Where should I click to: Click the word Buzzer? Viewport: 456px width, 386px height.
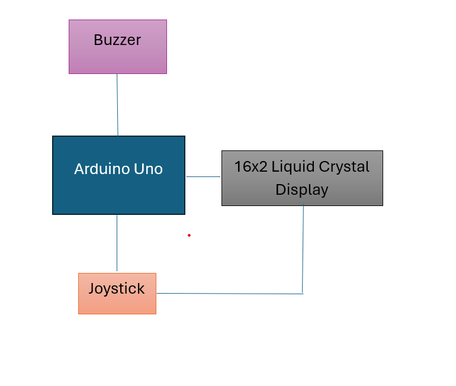pos(117,40)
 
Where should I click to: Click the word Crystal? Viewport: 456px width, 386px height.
pos(345,167)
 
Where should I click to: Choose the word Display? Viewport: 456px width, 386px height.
pos(302,189)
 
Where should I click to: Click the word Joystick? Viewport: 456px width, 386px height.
pos(117,289)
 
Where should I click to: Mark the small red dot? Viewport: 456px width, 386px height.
pos(189,235)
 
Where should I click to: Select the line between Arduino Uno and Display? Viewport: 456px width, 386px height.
pos(203,176)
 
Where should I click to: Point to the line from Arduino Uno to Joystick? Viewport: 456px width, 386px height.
pos(117,243)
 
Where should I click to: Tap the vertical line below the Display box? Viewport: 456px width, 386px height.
pos(303,249)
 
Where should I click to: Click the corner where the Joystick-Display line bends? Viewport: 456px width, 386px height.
pos(303,294)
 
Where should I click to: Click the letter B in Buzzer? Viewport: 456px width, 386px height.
pos(98,40)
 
